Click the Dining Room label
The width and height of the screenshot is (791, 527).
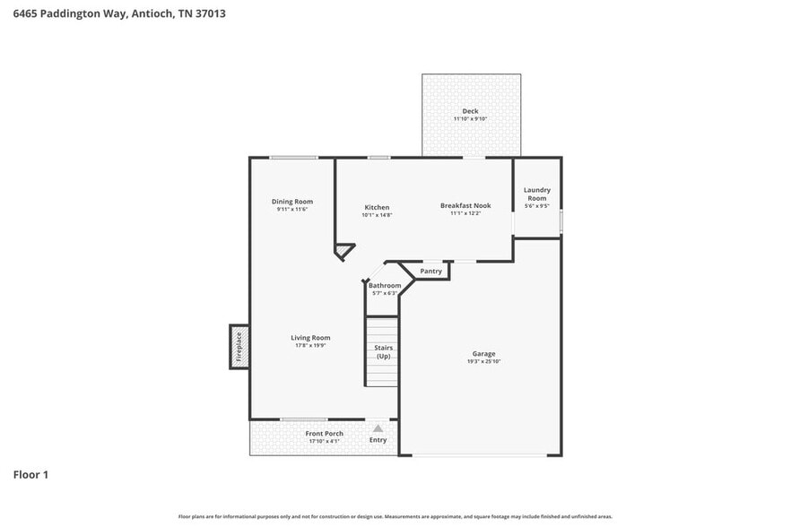pos(292,202)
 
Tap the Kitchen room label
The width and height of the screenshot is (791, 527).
pos(377,207)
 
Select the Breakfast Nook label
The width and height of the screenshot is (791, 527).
pos(465,205)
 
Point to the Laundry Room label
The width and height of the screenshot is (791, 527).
pos(536,194)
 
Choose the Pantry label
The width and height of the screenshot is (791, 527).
pos(430,271)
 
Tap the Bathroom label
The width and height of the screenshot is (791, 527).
pos(385,286)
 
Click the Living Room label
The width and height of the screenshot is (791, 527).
pos(310,338)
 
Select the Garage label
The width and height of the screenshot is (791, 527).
pos(483,354)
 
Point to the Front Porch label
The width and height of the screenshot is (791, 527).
pos(325,434)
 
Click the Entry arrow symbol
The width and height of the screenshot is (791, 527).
pos(378,428)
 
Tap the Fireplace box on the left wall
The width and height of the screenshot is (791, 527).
pos(239,347)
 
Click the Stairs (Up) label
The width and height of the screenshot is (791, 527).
pos(383,351)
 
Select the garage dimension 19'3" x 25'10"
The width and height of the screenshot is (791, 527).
pos(483,362)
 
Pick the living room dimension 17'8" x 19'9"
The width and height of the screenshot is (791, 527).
pos(310,345)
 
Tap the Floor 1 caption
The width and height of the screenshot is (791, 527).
pos(30,474)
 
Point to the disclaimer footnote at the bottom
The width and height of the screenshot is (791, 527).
pos(395,516)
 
